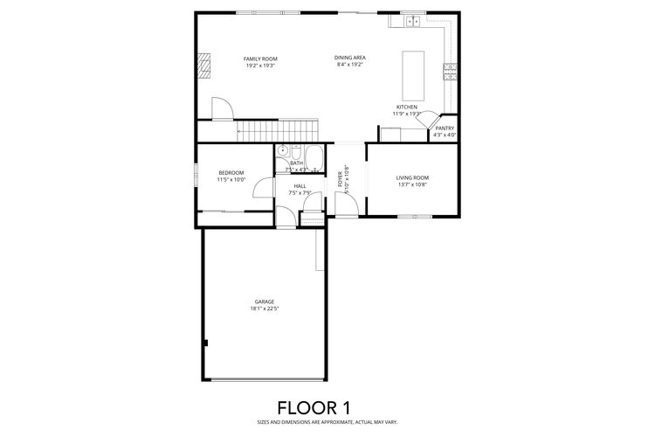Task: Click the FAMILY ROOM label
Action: coord(259,59)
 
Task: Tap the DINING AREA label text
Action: coord(349,58)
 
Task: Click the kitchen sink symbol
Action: coord(413,21)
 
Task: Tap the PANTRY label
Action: coord(445,128)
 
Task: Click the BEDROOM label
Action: coord(231,172)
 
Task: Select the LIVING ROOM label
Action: coord(412,177)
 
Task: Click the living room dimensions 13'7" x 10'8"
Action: coord(412,184)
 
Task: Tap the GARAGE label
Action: coord(265,302)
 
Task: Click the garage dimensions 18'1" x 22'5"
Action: coord(265,309)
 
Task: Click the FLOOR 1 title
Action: coord(314,407)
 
